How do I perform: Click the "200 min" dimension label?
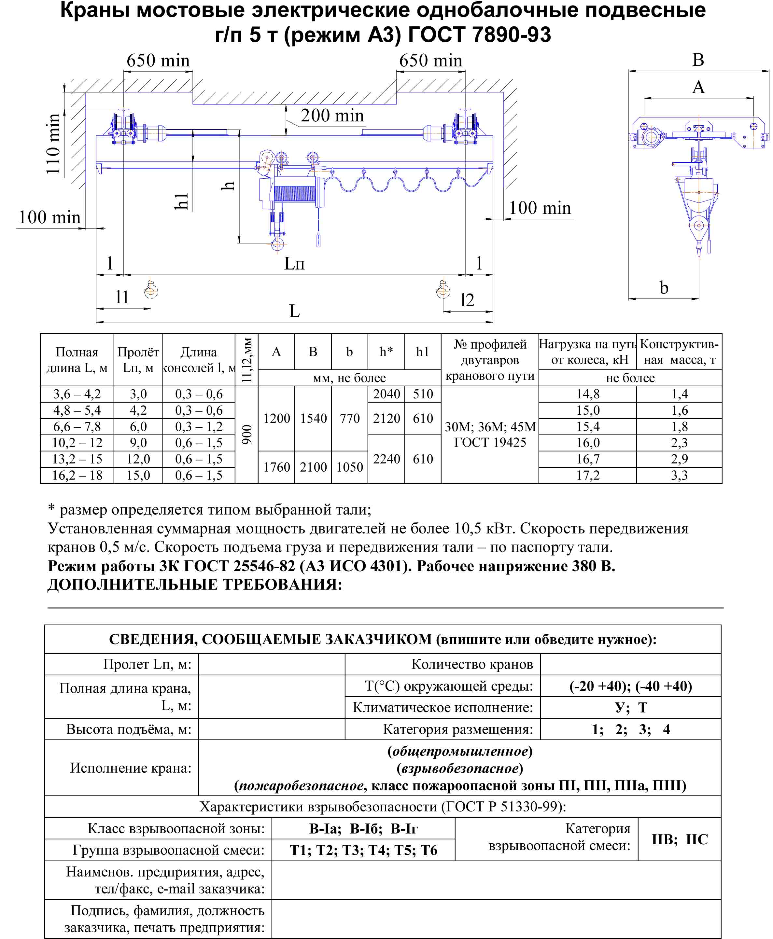point(332,116)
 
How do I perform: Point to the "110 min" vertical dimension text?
point(53,144)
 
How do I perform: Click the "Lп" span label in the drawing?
point(294,263)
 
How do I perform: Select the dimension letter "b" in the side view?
point(664,287)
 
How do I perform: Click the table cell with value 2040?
point(386,394)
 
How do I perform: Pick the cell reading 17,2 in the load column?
point(588,475)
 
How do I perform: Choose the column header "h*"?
point(386,352)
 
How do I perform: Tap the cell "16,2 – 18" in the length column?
point(77,475)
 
